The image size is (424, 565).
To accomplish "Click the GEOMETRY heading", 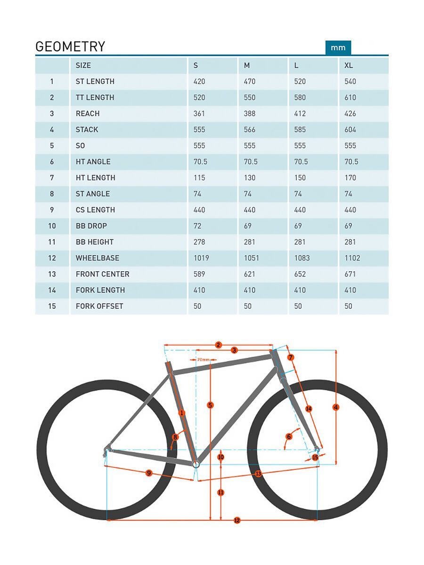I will point(70,47).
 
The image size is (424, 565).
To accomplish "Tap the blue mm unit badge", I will point(338,48).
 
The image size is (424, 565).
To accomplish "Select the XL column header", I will point(349,65).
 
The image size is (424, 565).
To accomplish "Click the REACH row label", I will point(88,113).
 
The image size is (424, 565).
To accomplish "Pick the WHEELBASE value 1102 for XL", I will point(352,258).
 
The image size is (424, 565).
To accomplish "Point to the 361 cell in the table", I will point(199,113).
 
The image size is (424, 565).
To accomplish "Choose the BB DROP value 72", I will point(197,226).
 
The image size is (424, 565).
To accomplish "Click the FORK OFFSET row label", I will point(99,306).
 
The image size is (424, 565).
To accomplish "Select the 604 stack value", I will point(350,129).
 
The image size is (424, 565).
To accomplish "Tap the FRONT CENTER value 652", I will point(300,274).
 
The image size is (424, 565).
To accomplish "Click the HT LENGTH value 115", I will point(199,178).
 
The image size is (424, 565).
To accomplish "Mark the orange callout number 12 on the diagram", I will point(237,520).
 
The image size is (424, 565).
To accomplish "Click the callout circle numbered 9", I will point(149,473).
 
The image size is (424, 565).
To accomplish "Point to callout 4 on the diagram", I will point(335,407).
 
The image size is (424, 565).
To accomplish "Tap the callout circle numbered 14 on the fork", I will point(309,409).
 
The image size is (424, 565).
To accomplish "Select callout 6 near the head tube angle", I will point(289,436).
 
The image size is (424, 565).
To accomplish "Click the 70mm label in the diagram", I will point(204,360).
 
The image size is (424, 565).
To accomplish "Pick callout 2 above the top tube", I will point(218,345).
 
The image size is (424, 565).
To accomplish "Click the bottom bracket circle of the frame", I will point(196,464).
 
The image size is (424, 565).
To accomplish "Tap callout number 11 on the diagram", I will point(220,492).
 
